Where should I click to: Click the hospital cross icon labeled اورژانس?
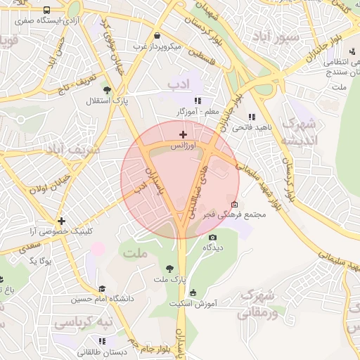coord(184,134)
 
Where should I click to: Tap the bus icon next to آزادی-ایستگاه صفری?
coord(46,11)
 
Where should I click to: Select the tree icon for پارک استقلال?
coord(107,90)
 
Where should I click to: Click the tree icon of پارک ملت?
coord(169,268)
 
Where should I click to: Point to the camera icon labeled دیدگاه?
coord(212,237)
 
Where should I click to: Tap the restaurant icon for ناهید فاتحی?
coord(252,117)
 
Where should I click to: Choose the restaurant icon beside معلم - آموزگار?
coord(198,101)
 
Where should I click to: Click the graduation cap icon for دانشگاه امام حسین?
coord(102,288)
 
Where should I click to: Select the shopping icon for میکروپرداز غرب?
coord(156,36)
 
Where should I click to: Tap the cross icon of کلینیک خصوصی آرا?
coord(62,221)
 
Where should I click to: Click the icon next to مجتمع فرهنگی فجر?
coord(234,205)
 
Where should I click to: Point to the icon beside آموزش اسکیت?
coord(193,293)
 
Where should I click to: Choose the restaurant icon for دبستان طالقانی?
coord(103,341)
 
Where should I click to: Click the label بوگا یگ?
coord(42,262)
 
